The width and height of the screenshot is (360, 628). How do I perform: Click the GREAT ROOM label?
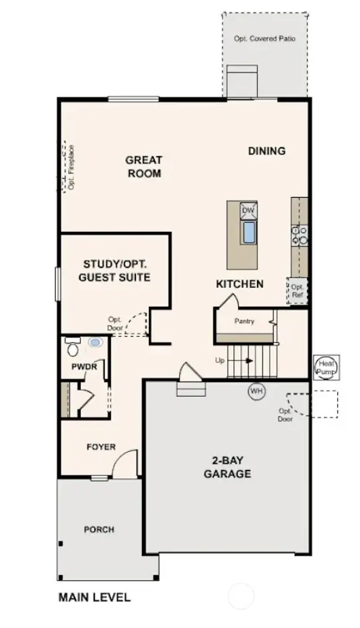(143, 166)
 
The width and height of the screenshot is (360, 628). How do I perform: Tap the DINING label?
(266, 151)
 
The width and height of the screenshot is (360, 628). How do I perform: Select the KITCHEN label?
(240, 284)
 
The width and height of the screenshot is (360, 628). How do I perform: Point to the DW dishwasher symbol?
(248, 210)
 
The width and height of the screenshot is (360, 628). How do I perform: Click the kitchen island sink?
(248, 232)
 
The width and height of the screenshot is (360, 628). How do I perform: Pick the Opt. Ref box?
(297, 290)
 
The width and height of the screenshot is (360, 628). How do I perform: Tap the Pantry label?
(244, 321)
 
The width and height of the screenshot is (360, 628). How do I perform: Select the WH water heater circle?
(256, 390)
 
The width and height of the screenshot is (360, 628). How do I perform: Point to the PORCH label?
(99, 529)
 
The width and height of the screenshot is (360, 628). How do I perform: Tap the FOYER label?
(101, 447)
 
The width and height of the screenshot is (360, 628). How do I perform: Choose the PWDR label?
(85, 367)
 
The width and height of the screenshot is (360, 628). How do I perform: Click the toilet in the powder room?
(73, 347)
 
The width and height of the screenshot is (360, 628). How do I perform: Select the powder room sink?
(95, 342)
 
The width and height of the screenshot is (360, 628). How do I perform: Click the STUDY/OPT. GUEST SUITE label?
(116, 270)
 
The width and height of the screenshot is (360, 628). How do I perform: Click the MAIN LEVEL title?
(94, 596)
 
